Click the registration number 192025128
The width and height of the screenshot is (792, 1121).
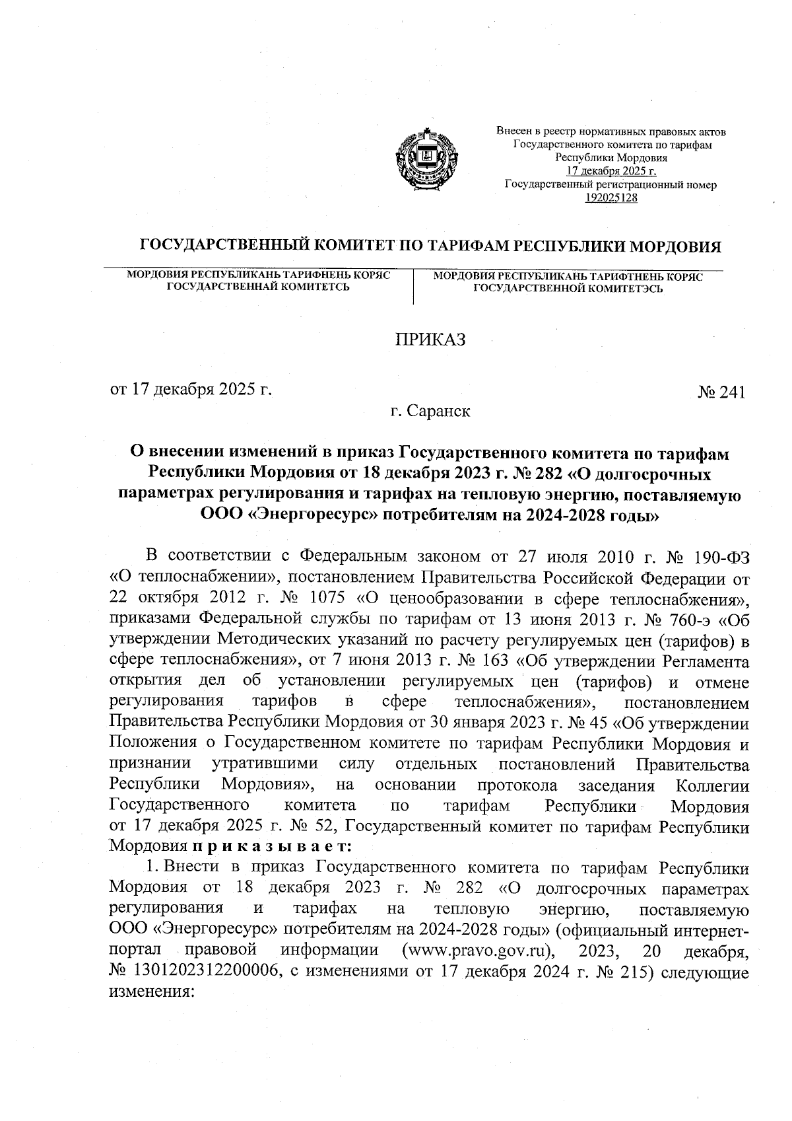coord(611,198)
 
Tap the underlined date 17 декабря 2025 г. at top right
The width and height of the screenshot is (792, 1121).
coord(611,172)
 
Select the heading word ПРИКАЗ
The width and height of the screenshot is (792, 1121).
coord(430,340)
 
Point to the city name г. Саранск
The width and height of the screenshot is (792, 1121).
coord(430,412)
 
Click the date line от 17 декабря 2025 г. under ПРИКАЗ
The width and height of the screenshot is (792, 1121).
coord(191,388)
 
